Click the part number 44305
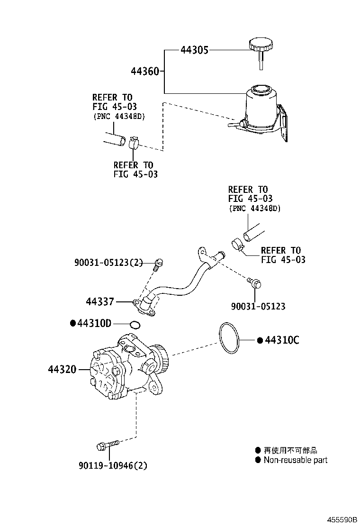194,50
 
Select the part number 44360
145,71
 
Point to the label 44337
100,301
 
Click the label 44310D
94,324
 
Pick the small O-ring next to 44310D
135,325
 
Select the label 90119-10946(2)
113,465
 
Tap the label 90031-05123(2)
108,263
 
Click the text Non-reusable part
295,460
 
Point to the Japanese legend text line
290,450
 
